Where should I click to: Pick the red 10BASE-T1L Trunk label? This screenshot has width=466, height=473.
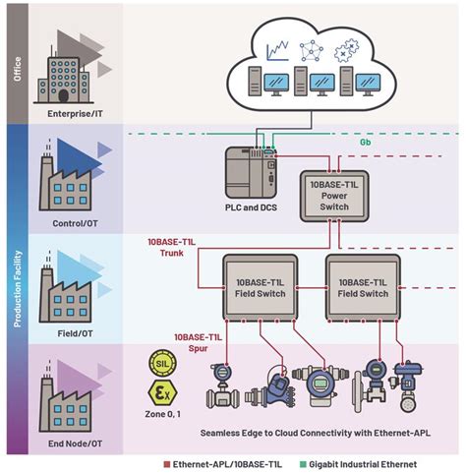pyautogui.click(x=174, y=246)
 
